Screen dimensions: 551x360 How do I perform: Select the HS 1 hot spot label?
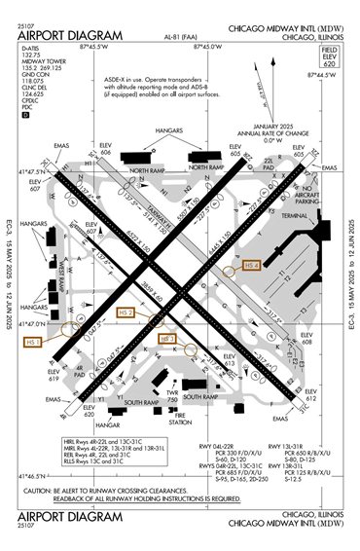[x=33, y=342]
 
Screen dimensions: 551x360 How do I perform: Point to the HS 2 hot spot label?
[x=126, y=312]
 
